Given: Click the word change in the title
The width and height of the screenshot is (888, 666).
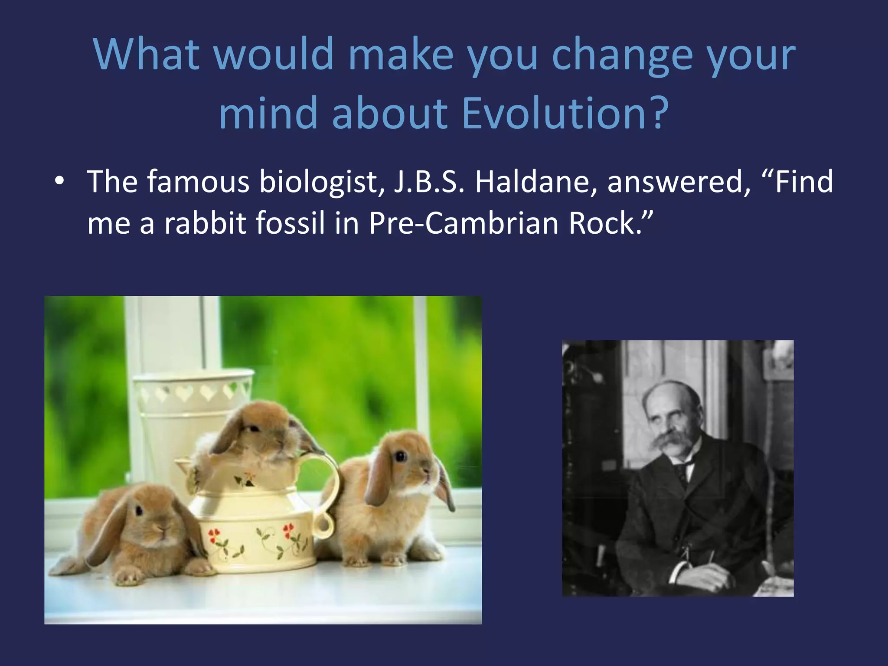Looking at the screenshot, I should (x=623, y=55).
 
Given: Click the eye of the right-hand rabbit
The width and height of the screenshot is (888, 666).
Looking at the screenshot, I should (x=400, y=456).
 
